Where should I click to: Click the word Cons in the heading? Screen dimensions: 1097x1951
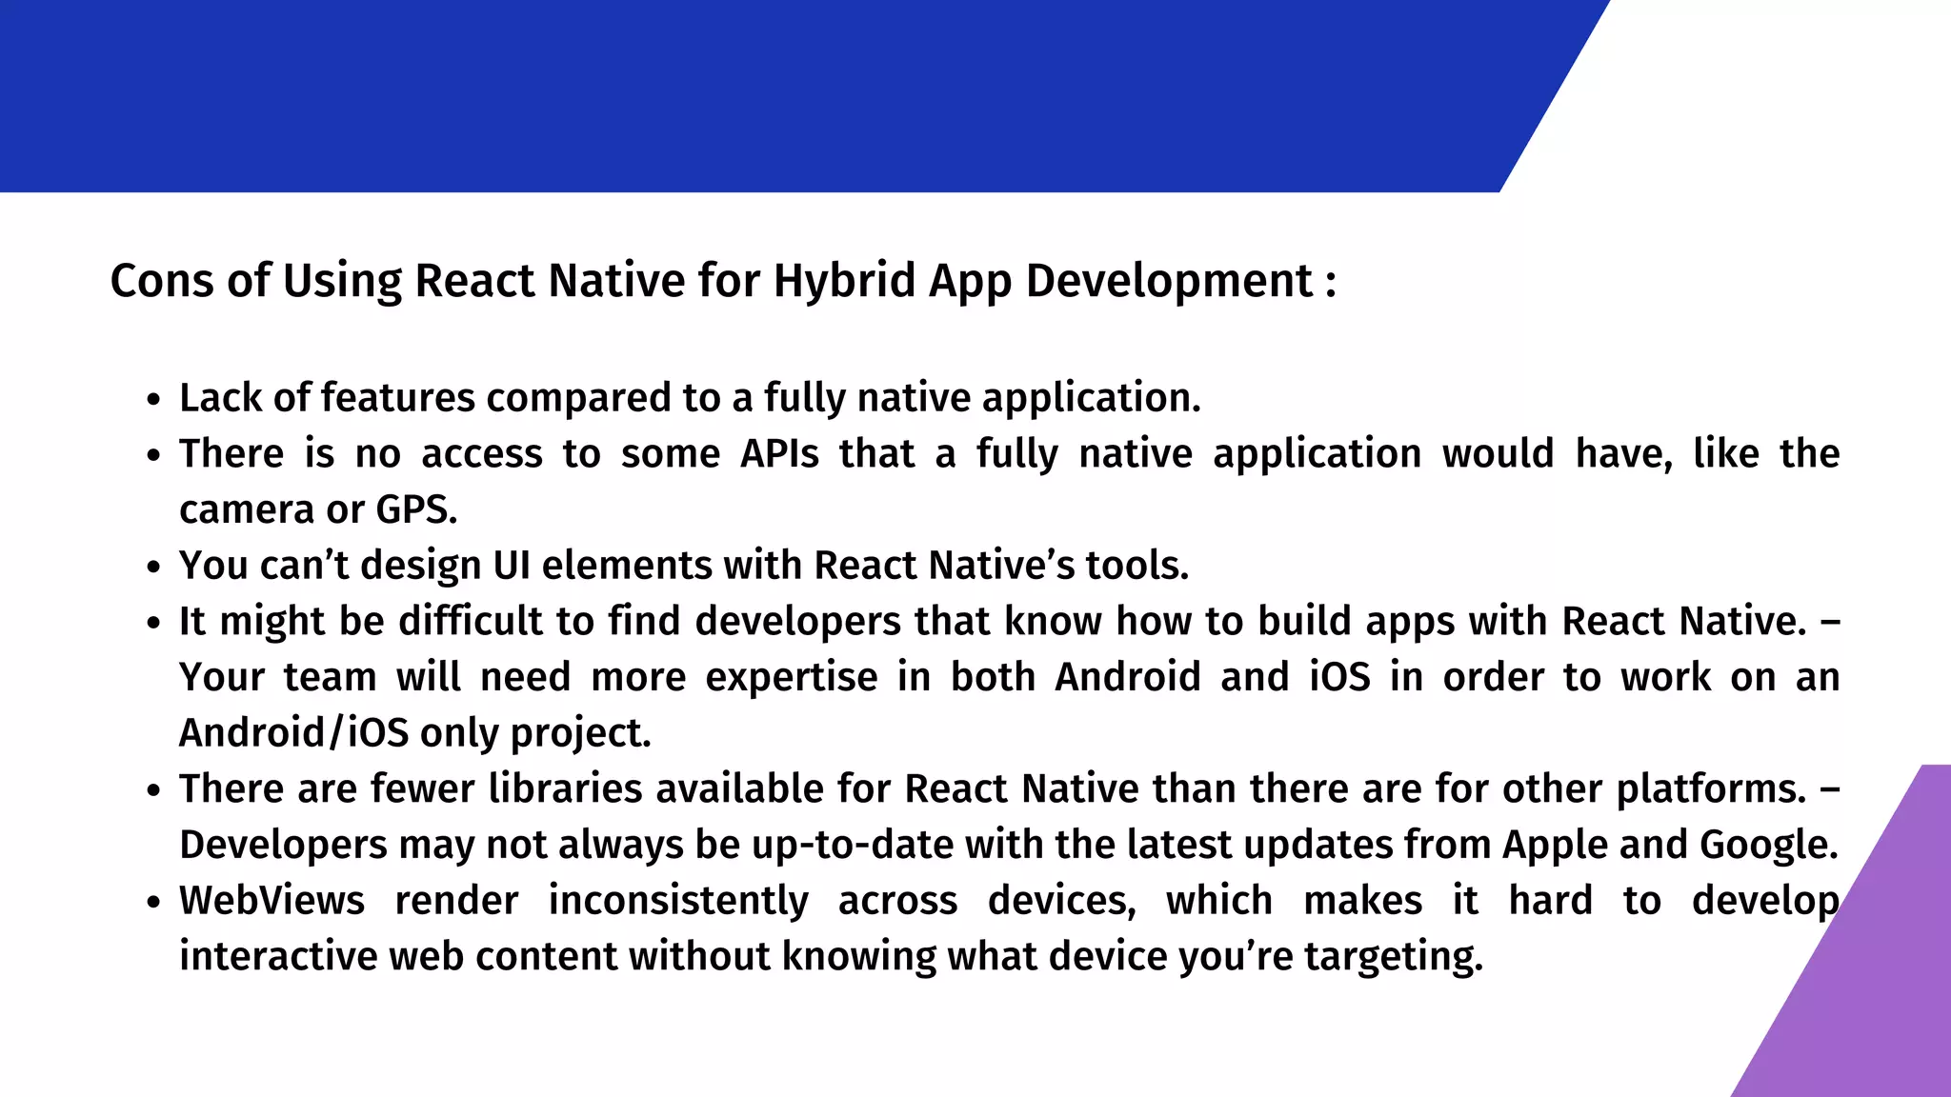pos(162,281)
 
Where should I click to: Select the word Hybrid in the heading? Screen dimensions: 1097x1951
pos(843,281)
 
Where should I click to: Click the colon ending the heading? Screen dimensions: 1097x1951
pos(1331,283)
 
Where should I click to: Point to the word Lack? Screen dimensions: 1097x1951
pos(220,398)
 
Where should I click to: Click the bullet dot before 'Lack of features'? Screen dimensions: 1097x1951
pos(153,400)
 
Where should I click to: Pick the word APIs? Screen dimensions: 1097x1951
pos(779,454)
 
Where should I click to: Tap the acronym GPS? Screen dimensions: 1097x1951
pos(416,510)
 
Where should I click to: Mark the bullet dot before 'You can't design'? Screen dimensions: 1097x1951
pos(153,568)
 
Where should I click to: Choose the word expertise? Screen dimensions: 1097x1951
pos(791,677)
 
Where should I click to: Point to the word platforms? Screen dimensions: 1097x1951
pos(1711,789)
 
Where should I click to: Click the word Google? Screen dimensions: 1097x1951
pos(1768,846)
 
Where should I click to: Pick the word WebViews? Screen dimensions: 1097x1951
pos(272,901)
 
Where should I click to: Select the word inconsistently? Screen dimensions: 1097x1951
pos(678,901)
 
